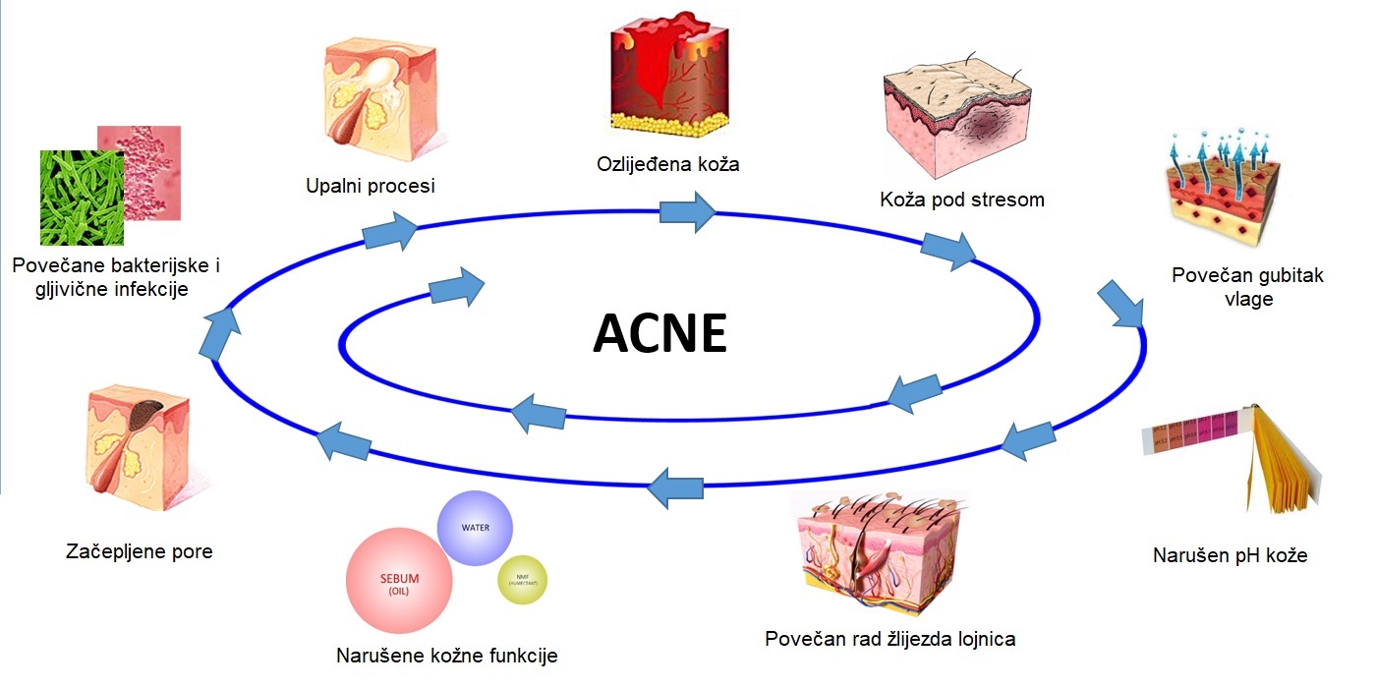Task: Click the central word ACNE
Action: [659, 334]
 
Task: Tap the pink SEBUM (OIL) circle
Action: [399, 580]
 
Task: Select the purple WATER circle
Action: [475, 528]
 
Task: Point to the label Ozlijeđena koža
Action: [668, 164]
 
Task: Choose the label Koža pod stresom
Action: [962, 201]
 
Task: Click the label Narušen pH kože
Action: [1230, 555]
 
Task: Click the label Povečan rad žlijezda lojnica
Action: [890, 639]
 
